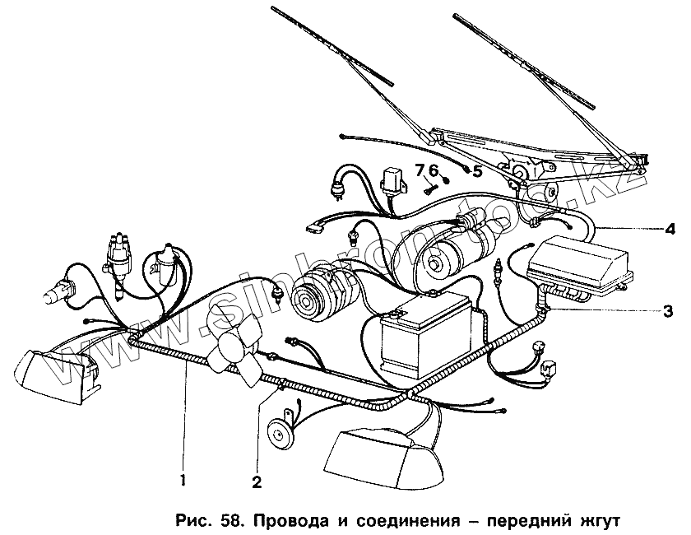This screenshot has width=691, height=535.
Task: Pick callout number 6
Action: tap(434, 170)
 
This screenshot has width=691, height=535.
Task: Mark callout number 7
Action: tap(420, 170)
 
